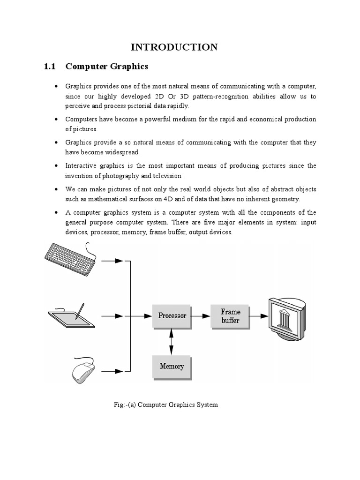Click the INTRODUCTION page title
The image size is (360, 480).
click(x=174, y=47)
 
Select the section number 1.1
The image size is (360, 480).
click(x=50, y=67)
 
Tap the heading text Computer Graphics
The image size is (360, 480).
click(x=107, y=67)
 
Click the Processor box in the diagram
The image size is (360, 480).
click(x=172, y=316)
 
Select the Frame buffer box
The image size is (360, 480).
click(x=230, y=316)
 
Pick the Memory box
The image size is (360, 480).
click(x=172, y=367)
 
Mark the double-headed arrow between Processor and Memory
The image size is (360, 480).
click(x=171, y=341)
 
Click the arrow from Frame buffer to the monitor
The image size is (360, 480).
click(x=257, y=316)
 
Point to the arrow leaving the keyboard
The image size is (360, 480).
click(x=112, y=261)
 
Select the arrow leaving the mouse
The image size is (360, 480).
click(x=112, y=371)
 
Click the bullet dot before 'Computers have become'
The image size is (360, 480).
click(x=56, y=119)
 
